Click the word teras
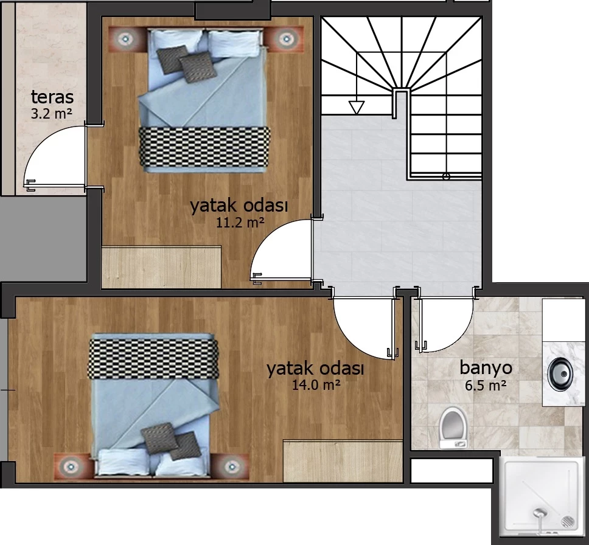pyautogui.click(x=52, y=97)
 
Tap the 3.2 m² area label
pyautogui.click(x=52, y=114)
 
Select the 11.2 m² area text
pyautogui.click(x=240, y=223)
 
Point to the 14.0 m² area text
pyautogui.click(x=316, y=384)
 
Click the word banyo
pyautogui.click(x=486, y=368)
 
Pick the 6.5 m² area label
pyautogui.click(x=486, y=386)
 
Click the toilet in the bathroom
pyautogui.click(x=453, y=428)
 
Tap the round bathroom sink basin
pyautogui.click(x=560, y=374)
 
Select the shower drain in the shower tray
pyautogui.click(x=568, y=522)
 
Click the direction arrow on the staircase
pyautogui.click(x=357, y=108)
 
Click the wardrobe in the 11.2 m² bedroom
pyautogui.click(x=161, y=267)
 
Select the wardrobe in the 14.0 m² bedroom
pyautogui.click(x=343, y=461)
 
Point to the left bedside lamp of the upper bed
pyautogui.click(x=124, y=38)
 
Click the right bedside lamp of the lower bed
pyautogui.click(x=231, y=466)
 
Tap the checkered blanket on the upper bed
pyautogui.click(x=204, y=147)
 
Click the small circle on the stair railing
pyautogui.click(x=446, y=176)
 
